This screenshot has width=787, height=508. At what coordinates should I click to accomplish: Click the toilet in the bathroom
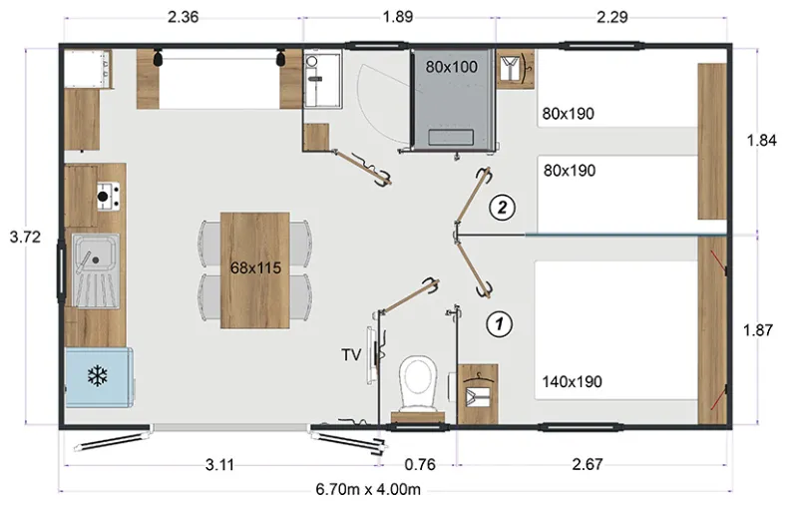click(x=418, y=384)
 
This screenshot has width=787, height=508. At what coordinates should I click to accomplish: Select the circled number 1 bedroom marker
click(x=500, y=323)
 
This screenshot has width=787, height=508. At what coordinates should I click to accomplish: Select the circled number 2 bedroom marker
click(x=502, y=207)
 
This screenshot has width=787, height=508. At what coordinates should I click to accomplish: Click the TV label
click(x=351, y=355)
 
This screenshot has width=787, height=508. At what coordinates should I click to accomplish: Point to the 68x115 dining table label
click(x=255, y=268)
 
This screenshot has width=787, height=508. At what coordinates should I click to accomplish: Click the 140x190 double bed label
click(x=572, y=382)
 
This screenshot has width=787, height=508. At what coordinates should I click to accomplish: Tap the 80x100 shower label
click(x=451, y=67)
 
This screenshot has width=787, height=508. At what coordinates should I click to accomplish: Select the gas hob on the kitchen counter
click(x=108, y=197)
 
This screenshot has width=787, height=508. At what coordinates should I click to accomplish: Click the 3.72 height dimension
click(x=25, y=237)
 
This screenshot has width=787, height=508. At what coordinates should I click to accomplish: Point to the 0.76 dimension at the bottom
click(x=420, y=465)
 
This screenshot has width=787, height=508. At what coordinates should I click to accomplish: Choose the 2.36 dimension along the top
click(x=184, y=17)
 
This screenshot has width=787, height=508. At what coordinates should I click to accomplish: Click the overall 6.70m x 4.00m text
click(x=368, y=489)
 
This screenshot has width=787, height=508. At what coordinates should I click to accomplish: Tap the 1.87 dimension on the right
click(x=758, y=330)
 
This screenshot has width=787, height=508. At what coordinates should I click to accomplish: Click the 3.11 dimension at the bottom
click(x=219, y=465)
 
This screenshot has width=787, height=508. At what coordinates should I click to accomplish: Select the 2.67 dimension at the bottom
click(x=588, y=464)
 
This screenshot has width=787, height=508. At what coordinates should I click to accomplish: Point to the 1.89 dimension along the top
click(x=398, y=17)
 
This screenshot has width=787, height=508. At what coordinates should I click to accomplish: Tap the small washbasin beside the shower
click(x=311, y=61)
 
